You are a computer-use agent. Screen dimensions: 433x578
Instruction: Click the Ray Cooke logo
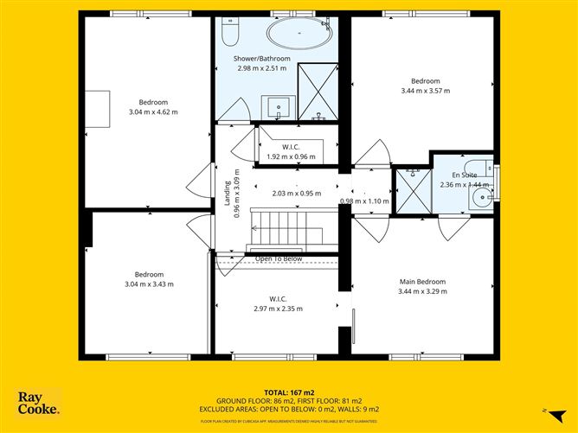pyautogui.click(x=39, y=404)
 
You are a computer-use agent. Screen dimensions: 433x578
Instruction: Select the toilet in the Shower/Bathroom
pyautogui.click(x=229, y=33)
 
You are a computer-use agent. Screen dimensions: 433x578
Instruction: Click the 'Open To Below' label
pyautogui.click(x=278, y=258)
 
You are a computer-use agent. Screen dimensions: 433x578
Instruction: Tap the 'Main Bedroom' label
pyautogui.click(x=421, y=282)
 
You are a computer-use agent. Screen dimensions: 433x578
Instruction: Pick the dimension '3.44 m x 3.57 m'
pyautogui.click(x=425, y=90)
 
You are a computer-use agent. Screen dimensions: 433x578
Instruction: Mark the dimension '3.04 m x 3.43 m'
pyautogui.click(x=149, y=283)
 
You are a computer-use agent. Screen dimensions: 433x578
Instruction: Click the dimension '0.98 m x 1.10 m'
pyautogui.click(x=366, y=201)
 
